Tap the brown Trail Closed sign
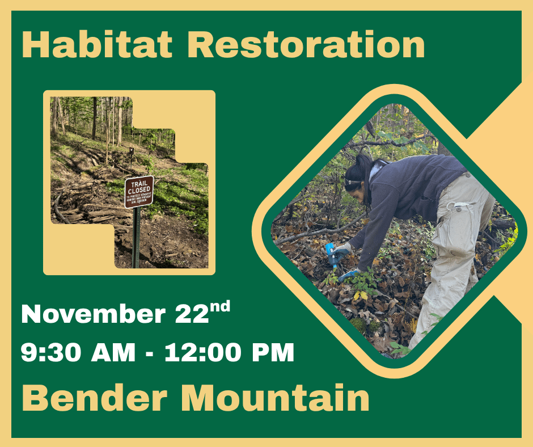(138, 191)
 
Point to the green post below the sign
(136, 238)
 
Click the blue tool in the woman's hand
(331, 255)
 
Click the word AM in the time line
(113, 353)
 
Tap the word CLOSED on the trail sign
(139, 189)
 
